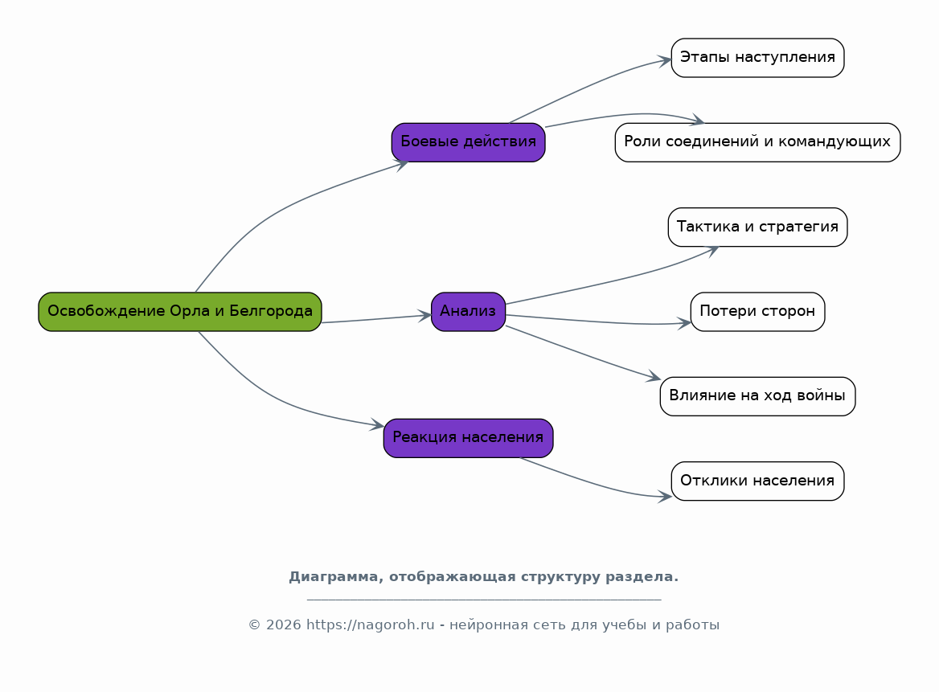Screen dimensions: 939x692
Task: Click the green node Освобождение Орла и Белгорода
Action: [x=179, y=311]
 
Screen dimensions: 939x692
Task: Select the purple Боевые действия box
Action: [x=469, y=142]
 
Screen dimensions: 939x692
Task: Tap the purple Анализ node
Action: [x=469, y=311]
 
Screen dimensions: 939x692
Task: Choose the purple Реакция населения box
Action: [x=469, y=437]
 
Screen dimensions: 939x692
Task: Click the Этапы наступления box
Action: [x=757, y=58]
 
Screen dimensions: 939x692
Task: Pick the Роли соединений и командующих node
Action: [x=757, y=142]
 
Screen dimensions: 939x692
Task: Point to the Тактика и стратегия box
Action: [x=757, y=227]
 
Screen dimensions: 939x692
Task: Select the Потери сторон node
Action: [x=757, y=311]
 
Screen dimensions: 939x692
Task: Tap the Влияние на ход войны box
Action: [x=757, y=395]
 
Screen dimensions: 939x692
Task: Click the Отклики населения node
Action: [x=757, y=481]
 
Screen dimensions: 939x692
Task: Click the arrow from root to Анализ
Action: [x=376, y=319]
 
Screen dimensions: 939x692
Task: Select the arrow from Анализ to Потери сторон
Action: [x=599, y=321]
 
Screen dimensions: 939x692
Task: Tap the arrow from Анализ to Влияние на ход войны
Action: [x=583, y=353]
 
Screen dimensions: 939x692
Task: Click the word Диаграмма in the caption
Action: [x=336, y=577]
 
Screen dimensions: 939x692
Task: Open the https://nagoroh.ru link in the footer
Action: [x=370, y=625]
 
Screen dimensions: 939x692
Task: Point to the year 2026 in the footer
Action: [x=283, y=625]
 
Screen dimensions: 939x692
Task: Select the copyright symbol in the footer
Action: [x=255, y=625]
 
